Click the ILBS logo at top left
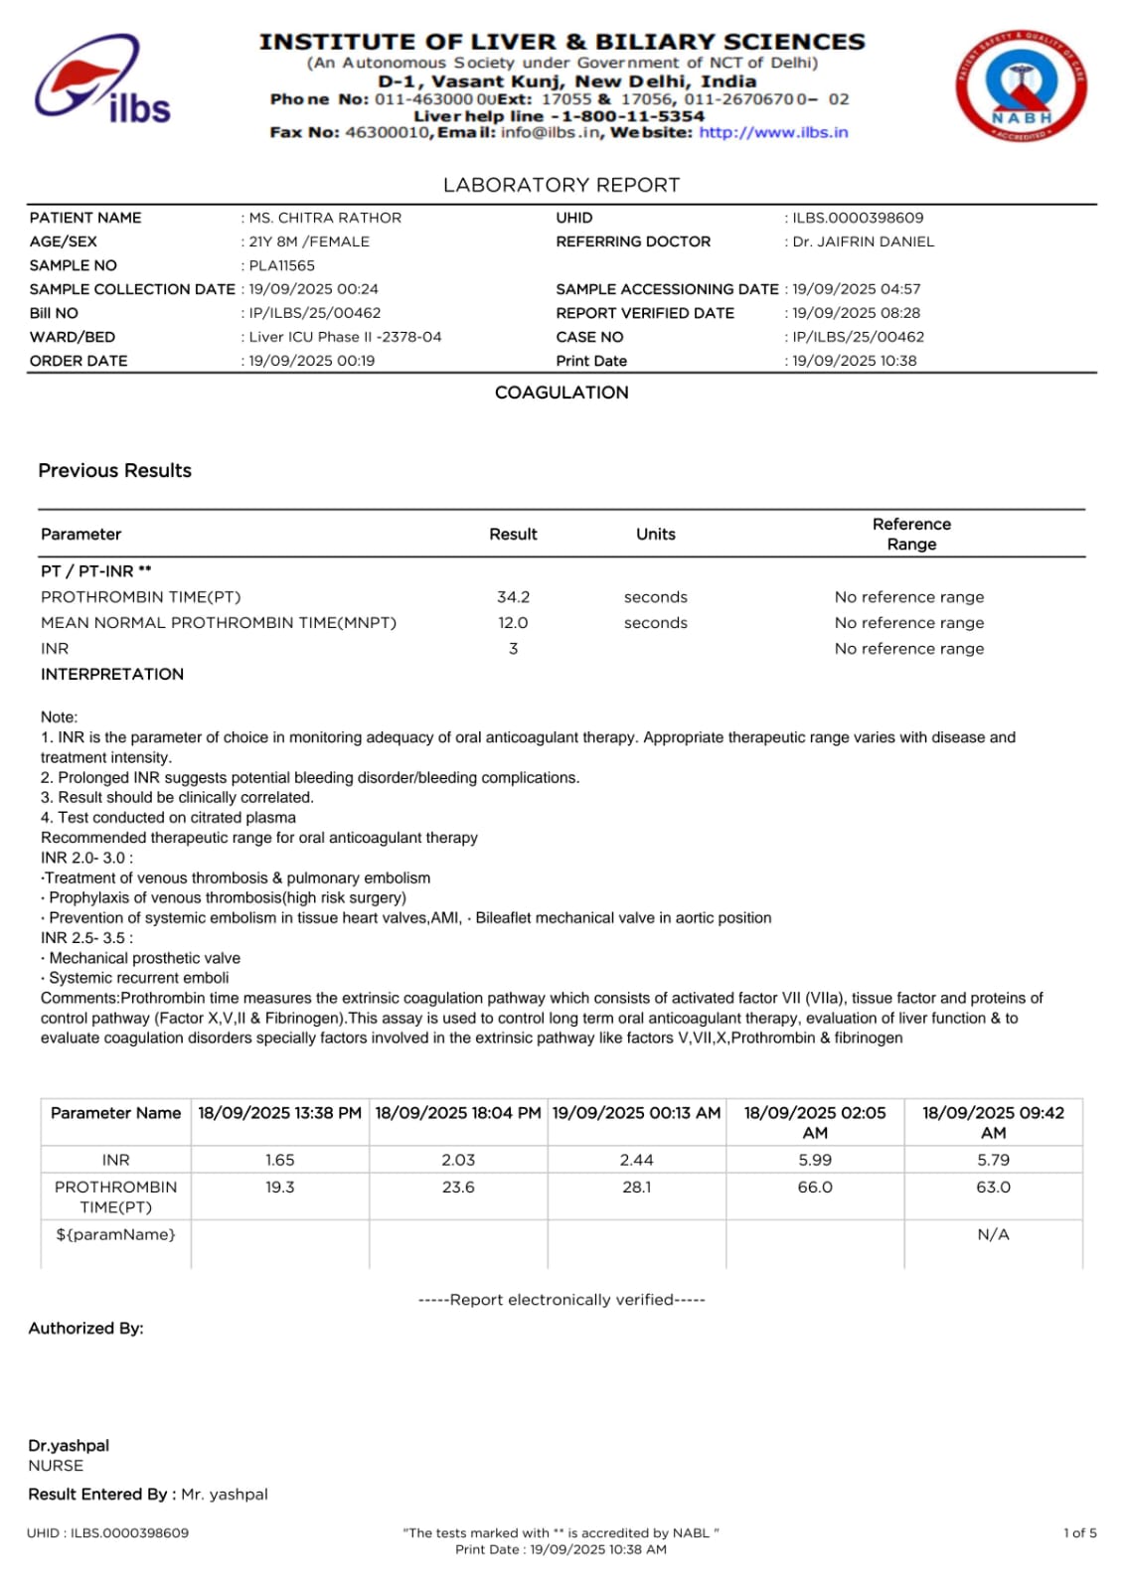(102, 80)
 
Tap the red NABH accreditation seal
(1021, 86)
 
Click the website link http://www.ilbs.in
(773, 132)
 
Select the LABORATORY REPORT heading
(562, 185)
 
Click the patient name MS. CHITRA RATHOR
(325, 218)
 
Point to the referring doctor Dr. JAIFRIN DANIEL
(863, 241)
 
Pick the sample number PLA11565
(281, 265)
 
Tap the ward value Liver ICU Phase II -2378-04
(345, 337)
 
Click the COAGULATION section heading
(562, 393)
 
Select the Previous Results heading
(115, 471)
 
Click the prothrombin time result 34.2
(513, 597)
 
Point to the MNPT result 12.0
(513, 623)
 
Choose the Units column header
(655, 535)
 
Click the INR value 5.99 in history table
(815, 1160)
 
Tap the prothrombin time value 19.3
(279, 1187)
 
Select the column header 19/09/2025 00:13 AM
(636, 1113)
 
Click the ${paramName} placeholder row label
(115, 1234)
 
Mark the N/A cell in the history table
(993, 1234)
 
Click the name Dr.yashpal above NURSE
(69, 1445)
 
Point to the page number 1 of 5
(1079, 1532)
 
